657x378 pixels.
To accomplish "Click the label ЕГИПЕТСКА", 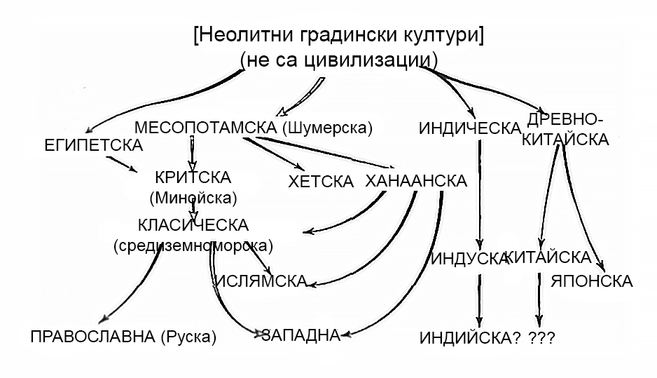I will click(92, 145).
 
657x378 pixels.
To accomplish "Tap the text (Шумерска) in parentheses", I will click(327, 128).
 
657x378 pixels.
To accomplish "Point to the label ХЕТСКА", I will click(320, 182).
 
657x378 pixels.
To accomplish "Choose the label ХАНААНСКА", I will click(416, 181).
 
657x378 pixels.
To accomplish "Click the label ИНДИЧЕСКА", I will click(468, 128).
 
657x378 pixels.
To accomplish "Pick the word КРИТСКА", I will click(193, 177).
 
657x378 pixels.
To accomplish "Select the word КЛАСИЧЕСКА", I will click(193, 226).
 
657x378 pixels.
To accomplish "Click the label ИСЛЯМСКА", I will click(261, 281).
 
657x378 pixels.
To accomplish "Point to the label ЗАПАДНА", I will click(300, 335).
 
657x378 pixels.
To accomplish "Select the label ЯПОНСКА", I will click(591, 281).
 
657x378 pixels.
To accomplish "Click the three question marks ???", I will click(543, 338).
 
